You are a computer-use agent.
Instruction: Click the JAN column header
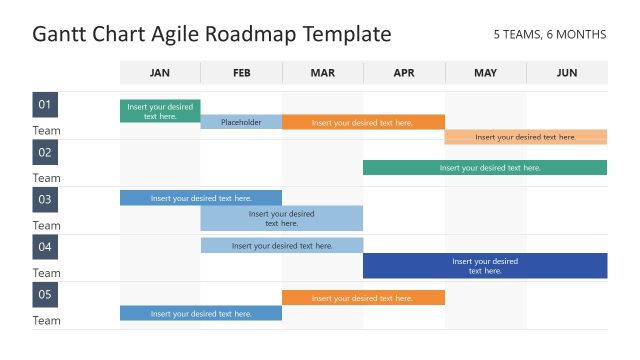click(x=160, y=73)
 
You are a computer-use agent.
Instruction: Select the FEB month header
click(x=241, y=73)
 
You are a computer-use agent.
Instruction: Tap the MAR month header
click(x=323, y=73)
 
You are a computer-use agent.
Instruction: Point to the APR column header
click(x=404, y=73)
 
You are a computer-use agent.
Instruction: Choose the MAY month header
click(x=485, y=73)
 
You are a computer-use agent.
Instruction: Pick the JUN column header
click(x=567, y=73)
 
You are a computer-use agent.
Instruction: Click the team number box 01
click(x=45, y=105)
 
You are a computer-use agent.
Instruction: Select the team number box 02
click(x=45, y=152)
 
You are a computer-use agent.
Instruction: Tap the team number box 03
click(x=45, y=199)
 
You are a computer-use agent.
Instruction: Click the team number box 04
click(x=45, y=246)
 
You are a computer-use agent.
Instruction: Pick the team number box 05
click(x=45, y=294)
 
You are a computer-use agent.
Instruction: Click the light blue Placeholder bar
click(x=241, y=122)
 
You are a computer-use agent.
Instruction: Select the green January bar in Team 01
click(x=160, y=111)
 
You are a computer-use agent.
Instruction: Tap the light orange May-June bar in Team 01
click(x=525, y=137)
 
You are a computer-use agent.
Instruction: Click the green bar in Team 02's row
click(x=485, y=168)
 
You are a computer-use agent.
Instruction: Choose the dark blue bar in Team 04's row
click(x=485, y=266)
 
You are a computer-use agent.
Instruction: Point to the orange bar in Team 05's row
click(x=363, y=297)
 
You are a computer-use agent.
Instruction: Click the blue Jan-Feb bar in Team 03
click(x=201, y=198)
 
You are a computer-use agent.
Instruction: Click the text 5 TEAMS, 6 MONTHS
click(x=550, y=34)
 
